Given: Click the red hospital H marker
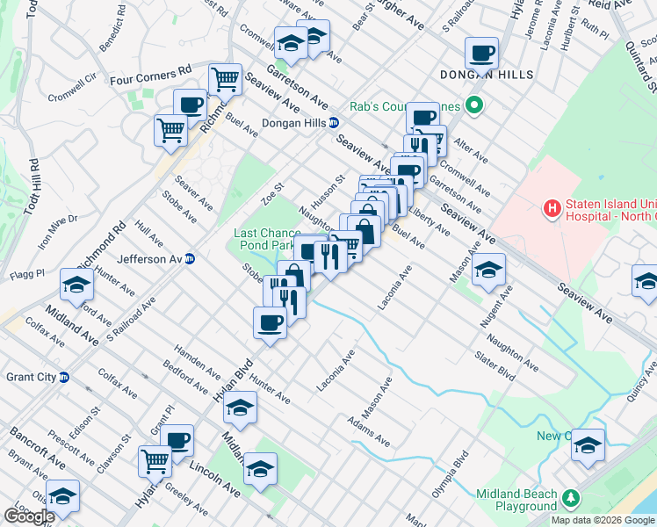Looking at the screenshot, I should (552, 208).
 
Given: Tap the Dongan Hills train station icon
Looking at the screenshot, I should (334, 123).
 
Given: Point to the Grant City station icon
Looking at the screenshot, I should (64, 378).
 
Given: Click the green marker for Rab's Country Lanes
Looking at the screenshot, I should (475, 106).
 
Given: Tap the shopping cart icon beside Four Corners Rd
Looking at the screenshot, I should (226, 79).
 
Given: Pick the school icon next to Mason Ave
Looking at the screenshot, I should (487, 271).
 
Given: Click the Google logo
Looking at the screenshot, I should (29, 516).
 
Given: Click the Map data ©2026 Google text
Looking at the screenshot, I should (603, 520).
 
